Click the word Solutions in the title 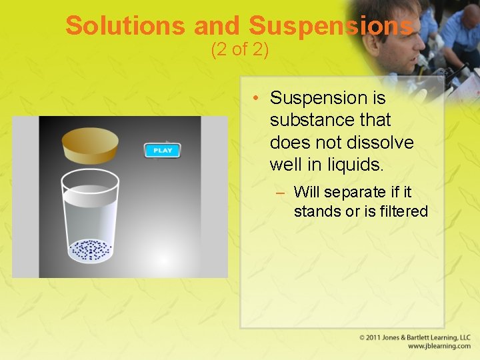click(125, 25)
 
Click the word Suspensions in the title click(331, 25)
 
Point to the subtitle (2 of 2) click(239, 50)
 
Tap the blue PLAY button click(163, 150)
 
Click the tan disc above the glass click(91, 143)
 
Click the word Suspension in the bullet click(327, 98)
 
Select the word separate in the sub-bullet click(357, 192)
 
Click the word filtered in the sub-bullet click(401, 211)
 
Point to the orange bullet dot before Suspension click(256, 99)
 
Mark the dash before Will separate click(281, 193)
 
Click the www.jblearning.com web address click(439, 346)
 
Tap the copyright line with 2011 click(415, 337)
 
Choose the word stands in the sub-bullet click(315, 211)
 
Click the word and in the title click(216, 25)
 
